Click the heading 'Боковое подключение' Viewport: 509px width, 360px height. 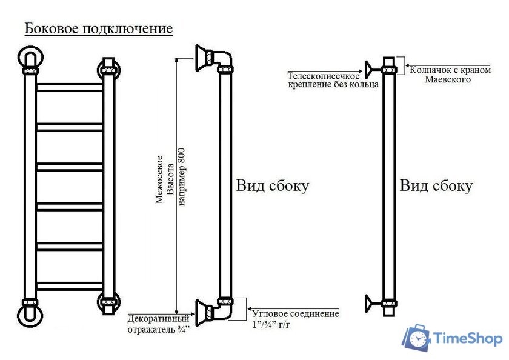click(98, 28)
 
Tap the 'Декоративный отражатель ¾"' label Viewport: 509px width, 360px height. click(158, 324)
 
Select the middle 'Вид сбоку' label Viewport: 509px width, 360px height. click(272, 185)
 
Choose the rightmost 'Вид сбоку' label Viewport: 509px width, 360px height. click(436, 185)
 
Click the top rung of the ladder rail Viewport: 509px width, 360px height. click(69, 88)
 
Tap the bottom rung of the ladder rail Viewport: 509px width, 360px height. click(69, 286)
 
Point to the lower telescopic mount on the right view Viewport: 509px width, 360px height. click(369, 302)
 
